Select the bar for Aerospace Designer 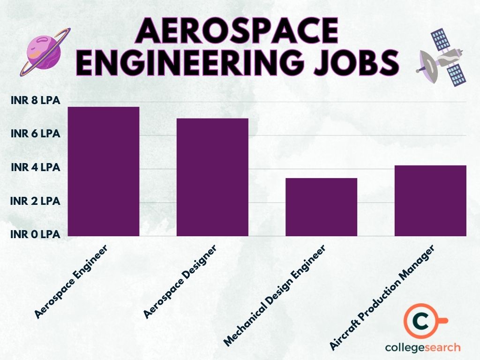(x=212, y=177)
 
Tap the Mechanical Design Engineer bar (x=321, y=207)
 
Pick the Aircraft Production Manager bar (x=430, y=200)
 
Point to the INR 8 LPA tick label (x=36, y=100)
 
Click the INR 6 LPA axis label (x=36, y=134)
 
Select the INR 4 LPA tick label (x=36, y=167)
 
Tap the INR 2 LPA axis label (x=36, y=201)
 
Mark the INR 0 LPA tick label (x=36, y=234)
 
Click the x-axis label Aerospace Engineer (x=71, y=281)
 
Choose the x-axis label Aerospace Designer (x=180, y=281)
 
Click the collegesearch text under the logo (x=423, y=347)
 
